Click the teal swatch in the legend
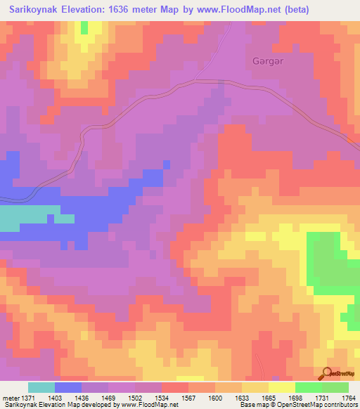point(41,387)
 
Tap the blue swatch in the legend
point(68,387)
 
